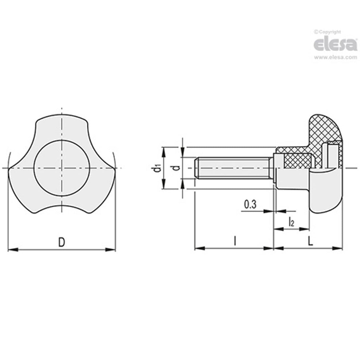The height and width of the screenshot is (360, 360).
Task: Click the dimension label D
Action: [x=61, y=242]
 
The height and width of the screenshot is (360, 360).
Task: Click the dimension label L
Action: [x=310, y=242]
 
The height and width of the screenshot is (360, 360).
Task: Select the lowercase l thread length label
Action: [x=235, y=242]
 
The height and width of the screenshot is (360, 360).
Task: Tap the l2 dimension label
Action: [x=291, y=222]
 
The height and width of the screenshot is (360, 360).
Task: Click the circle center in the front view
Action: [x=62, y=168]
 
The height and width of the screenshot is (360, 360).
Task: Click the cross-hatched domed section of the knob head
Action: [x=322, y=129]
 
